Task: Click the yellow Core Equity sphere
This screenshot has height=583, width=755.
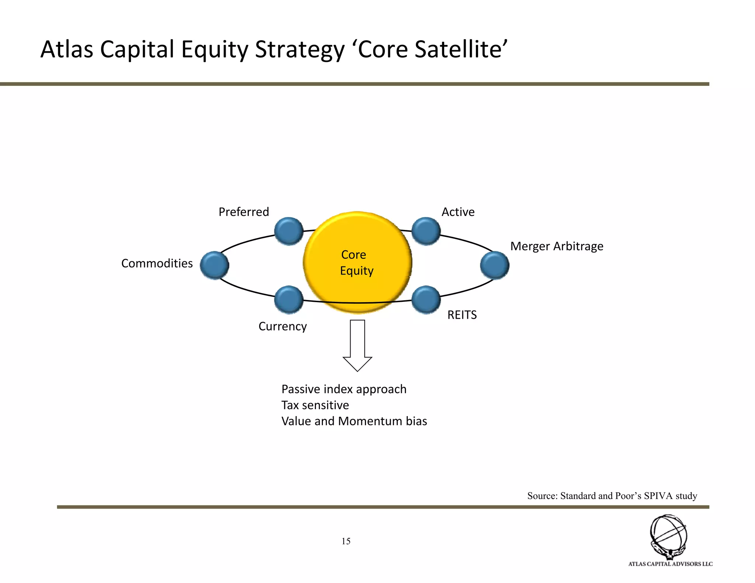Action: coord(357,262)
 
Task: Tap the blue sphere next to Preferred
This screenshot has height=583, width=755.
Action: coord(289,231)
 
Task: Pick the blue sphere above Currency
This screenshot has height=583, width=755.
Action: coord(289,300)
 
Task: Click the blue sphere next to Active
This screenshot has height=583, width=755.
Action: coord(426,231)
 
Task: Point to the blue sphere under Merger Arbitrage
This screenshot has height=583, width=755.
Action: coord(495,265)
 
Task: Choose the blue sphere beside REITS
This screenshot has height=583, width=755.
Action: coord(426,300)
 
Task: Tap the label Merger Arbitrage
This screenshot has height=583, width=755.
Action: coord(557,246)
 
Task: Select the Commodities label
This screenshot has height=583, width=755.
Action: coord(157,263)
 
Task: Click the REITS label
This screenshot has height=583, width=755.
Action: coord(462,315)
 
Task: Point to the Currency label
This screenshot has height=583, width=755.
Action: coord(283,327)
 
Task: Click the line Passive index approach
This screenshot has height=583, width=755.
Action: coord(344,389)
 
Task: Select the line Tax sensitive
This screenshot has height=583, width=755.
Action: coord(315,405)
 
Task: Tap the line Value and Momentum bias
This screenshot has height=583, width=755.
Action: coord(354,421)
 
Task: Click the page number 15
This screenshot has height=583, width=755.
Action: coord(346,541)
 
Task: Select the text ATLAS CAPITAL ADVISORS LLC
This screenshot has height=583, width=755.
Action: coord(670,564)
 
